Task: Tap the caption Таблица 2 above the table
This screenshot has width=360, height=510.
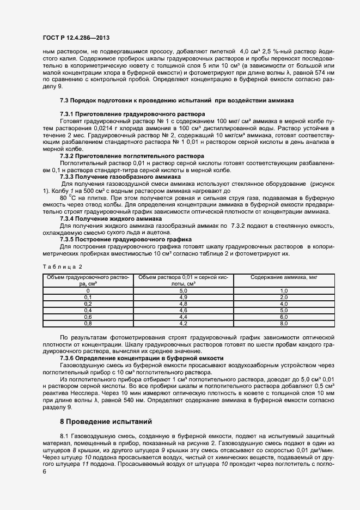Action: [62, 266]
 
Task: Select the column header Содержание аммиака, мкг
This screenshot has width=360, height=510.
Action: [283, 277]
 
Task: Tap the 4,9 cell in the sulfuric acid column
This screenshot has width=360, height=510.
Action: [183, 297]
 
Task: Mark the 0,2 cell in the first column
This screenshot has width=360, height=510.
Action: [87, 304]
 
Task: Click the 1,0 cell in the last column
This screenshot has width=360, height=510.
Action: [283, 291]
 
